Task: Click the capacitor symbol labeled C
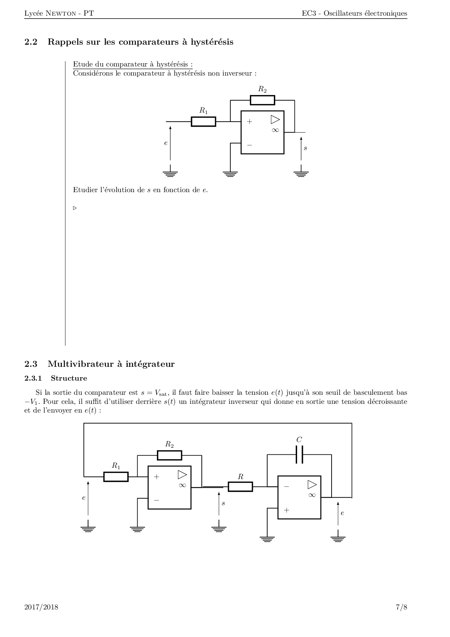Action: point(299,455)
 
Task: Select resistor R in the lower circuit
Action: point(240,487)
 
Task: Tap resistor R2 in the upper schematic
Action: point(263,100)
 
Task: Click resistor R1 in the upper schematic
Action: point(203,121)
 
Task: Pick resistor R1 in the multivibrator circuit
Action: point(116,476)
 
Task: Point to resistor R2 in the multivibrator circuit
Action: point(170,455)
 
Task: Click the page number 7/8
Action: point(401,607)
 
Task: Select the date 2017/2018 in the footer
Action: point(41,607)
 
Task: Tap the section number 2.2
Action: point(31,42)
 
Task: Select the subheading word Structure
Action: point(69,378)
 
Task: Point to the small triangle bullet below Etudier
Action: point(75,208)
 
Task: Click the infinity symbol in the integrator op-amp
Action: point(312,495)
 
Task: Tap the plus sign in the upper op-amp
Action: point(250,122)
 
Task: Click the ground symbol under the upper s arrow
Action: point(301,171)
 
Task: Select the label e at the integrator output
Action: point(342,513)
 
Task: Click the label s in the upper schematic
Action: point(305,148)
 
